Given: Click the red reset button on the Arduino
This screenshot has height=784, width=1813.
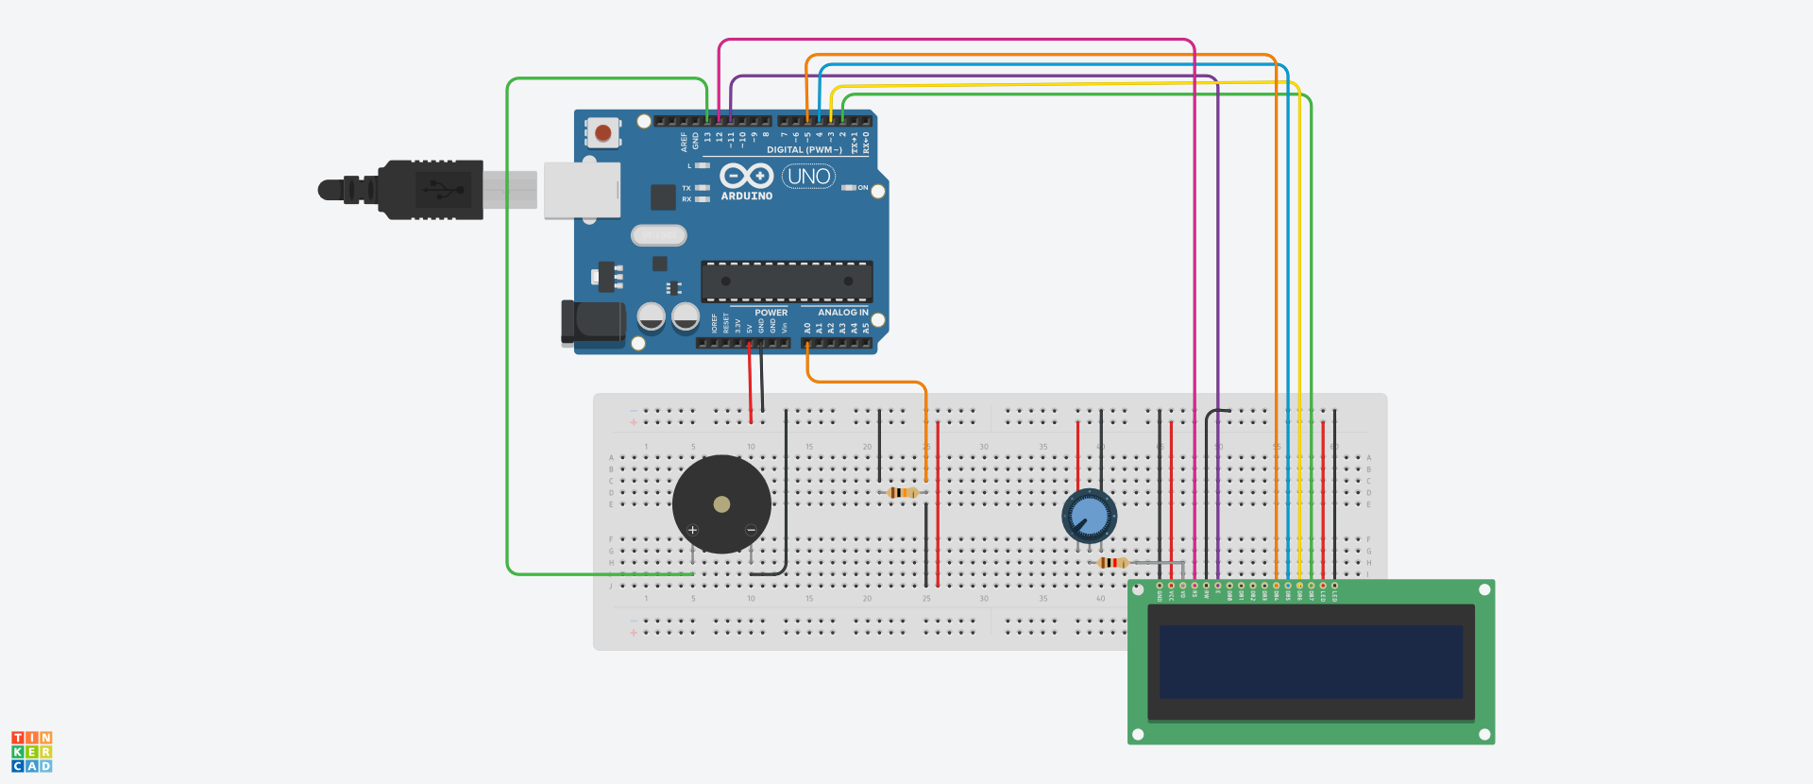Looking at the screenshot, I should point(602,133).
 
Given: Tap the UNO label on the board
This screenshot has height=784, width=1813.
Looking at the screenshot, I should point(808,177).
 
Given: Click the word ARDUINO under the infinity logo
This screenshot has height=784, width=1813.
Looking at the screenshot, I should point(747,196).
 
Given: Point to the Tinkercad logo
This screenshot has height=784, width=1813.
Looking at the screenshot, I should point(32,752).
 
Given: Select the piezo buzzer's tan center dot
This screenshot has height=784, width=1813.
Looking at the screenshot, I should point(721,504).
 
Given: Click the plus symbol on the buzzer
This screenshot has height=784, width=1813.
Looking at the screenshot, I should point(692,530).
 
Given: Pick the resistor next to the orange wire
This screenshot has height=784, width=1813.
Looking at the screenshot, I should point(904,492).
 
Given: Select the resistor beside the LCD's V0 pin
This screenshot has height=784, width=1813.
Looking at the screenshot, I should point(1113,563).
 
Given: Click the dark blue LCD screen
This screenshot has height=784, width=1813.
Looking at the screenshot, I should point(1311,661).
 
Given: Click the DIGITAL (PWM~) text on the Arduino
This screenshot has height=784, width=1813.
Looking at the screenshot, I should point(804,150).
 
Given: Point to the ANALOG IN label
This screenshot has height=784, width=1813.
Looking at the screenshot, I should point(842,313).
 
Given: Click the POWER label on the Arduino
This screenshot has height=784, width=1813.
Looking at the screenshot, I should point(771,313).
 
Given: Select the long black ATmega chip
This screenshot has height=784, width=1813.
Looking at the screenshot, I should point(787,281).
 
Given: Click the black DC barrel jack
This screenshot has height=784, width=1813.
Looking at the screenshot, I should point(593,321).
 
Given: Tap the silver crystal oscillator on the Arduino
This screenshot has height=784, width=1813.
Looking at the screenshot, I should point(658,235).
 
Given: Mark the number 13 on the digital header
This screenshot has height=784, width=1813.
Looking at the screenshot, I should point(707,138).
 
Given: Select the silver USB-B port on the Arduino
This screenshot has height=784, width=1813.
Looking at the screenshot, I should point(582,190).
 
